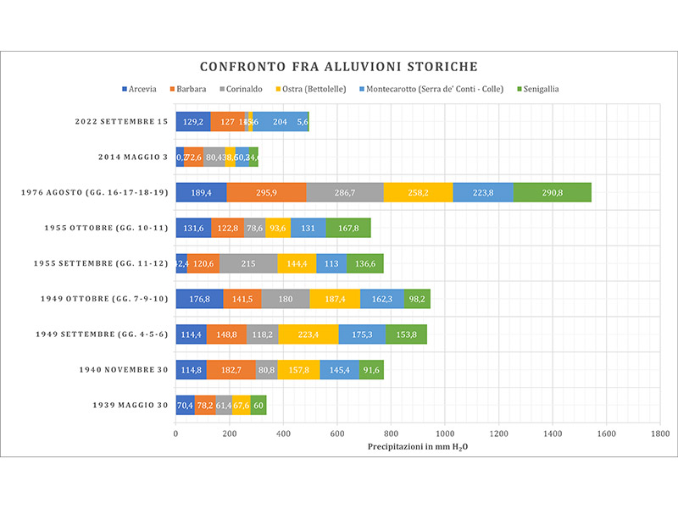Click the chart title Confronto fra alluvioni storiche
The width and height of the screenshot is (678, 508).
click(x=339, y=66)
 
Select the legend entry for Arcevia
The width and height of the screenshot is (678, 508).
click(x=146, y=89)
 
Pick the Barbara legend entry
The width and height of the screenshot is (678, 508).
click(x=192, y=89)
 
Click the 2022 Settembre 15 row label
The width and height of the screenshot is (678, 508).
click(x=120, y=122)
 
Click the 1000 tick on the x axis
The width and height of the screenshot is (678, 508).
click(x=445, y=433)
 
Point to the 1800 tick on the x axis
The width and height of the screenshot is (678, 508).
click(x=660, y=433)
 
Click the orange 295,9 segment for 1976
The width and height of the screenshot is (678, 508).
click(x=266, y=192)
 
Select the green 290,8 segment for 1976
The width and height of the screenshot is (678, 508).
click(x=553, y=192)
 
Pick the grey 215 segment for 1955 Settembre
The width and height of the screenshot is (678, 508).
click(x=248, y=263)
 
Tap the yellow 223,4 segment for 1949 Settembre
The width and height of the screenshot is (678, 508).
click(x=308, y=334)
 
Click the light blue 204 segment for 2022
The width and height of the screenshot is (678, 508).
click(x=281, y=122)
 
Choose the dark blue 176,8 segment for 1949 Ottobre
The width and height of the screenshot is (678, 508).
click(x=199, y=298)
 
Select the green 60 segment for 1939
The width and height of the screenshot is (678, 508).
click(x=258, y=405)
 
